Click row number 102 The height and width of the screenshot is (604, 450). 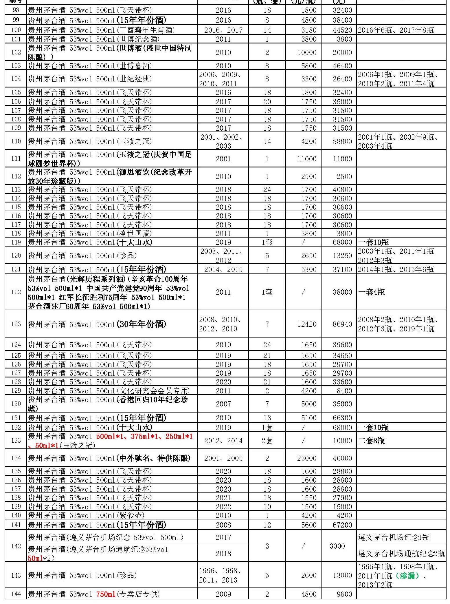click(16, 52)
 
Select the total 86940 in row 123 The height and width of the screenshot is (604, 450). click(342, 324)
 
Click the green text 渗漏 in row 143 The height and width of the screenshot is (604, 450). click(408, 576)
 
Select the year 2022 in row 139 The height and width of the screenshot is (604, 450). click(223, 507)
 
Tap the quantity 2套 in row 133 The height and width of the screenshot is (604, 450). click(267, 441)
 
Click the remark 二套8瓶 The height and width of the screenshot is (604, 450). click(372, 441)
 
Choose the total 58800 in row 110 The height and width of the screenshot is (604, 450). click(342, 141)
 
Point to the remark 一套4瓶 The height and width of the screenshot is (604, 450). click(372, 292)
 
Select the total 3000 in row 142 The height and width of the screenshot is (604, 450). click(337, 546)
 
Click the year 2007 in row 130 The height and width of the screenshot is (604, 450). click(223, 404)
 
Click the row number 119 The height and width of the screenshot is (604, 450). click(16, 242)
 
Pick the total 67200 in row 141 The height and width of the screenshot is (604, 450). click(342, 525)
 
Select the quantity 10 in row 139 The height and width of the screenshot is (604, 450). click(267, 507)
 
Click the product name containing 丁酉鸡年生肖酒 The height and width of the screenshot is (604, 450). click(102, 30)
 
